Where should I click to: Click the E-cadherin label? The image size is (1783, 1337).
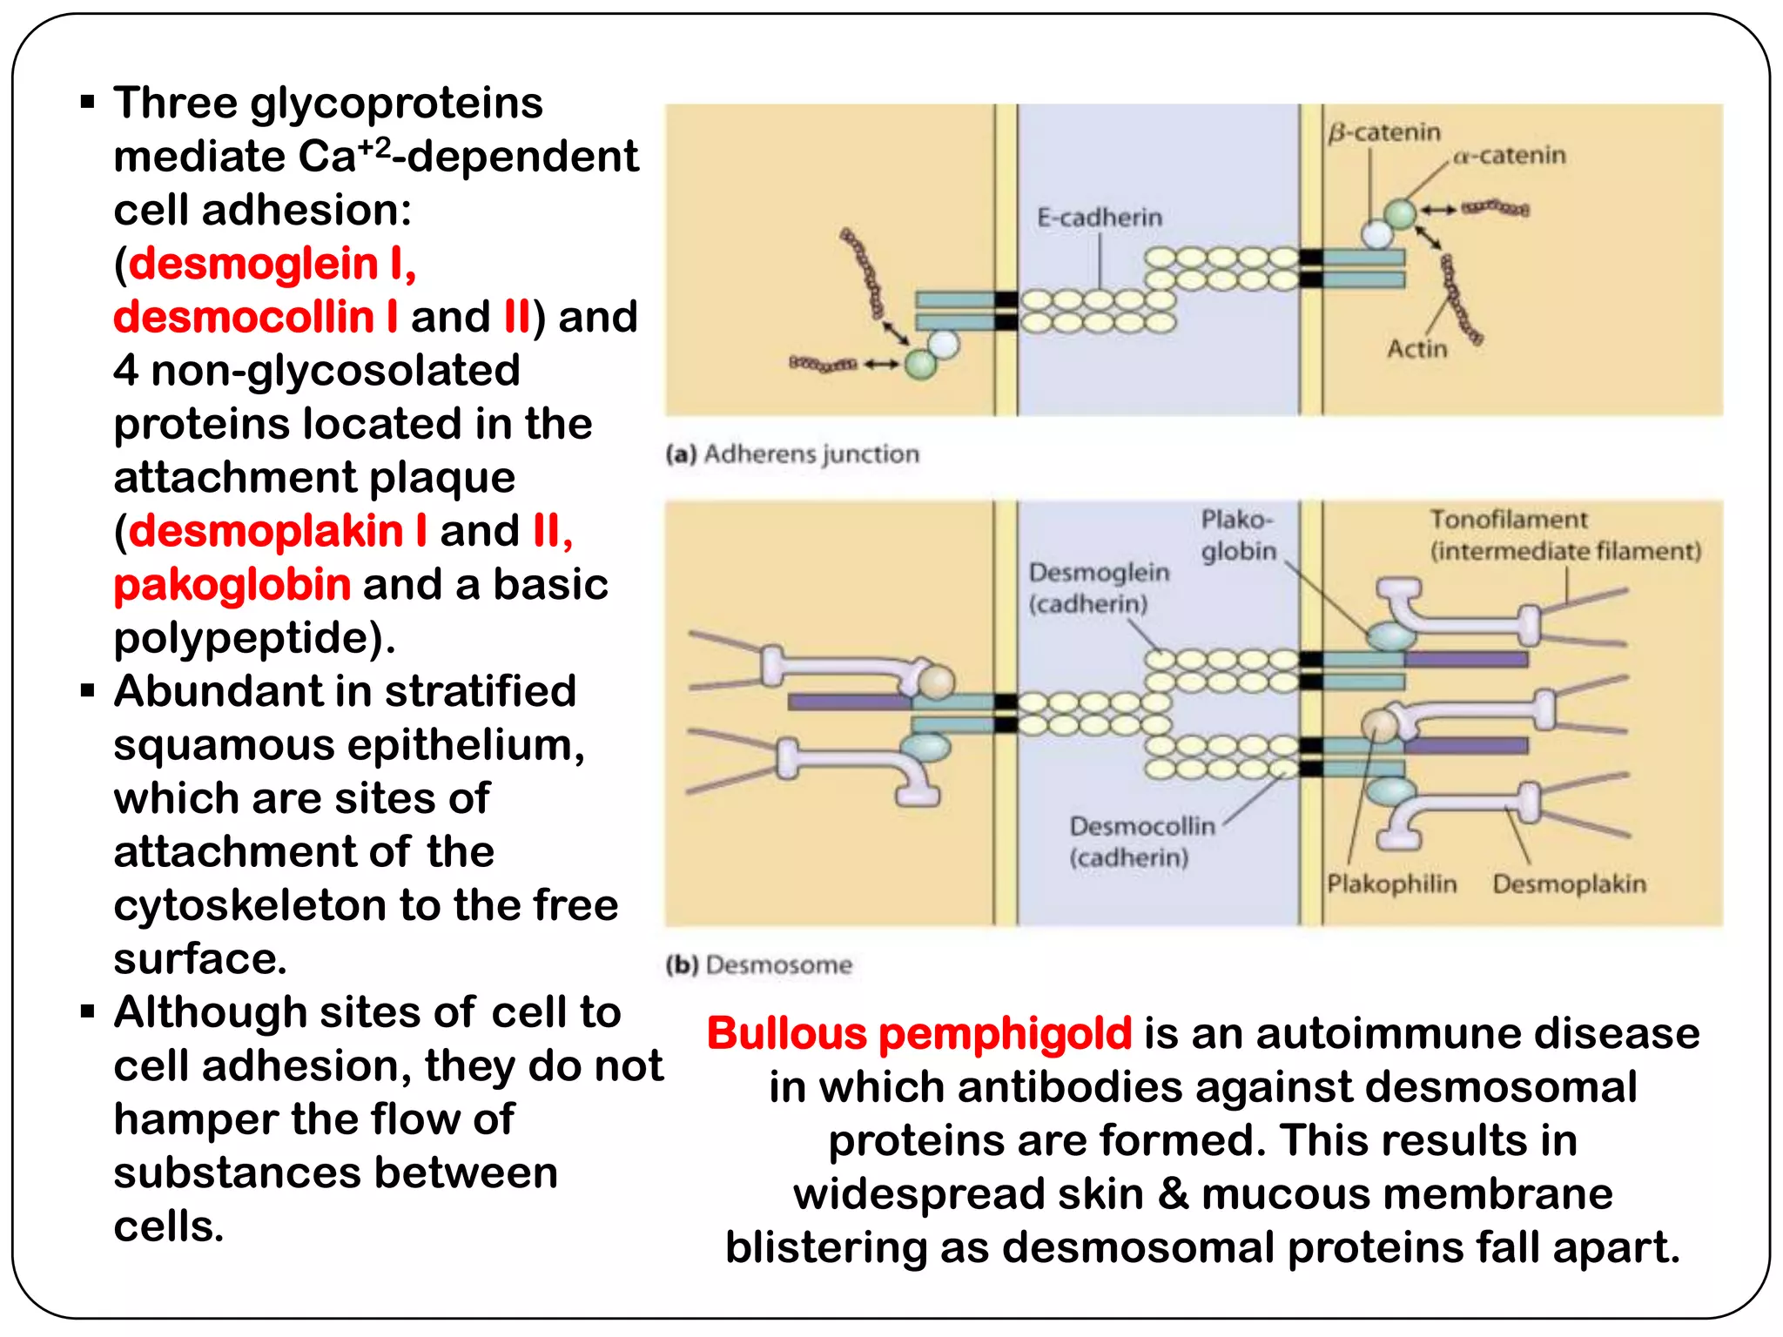(1099, 218)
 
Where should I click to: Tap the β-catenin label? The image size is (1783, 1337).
(1383, 132)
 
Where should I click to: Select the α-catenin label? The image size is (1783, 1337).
(1509, 156)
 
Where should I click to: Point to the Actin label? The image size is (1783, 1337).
(1416, 349)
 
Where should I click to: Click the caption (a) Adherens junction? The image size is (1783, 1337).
(792, 454)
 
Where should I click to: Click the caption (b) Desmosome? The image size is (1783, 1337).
(758, 964)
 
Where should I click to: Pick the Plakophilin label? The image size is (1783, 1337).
(1391, 884)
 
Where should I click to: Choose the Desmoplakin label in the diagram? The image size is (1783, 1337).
(1569, 884)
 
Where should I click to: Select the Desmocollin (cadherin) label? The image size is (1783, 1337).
(1141, 841)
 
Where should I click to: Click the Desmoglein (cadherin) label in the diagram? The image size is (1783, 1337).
(1099, 588)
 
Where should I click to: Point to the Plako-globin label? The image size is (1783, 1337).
(1238, 535)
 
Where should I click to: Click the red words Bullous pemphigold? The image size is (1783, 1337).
(918, 1034)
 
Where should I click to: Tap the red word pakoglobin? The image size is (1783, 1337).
(232, 585)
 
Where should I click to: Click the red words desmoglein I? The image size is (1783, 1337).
(272, 264)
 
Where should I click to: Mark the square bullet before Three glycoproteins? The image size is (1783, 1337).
(87, 103)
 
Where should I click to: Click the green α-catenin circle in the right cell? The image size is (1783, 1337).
(1400, 212)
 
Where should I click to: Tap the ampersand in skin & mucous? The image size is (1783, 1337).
(1173, 1194)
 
